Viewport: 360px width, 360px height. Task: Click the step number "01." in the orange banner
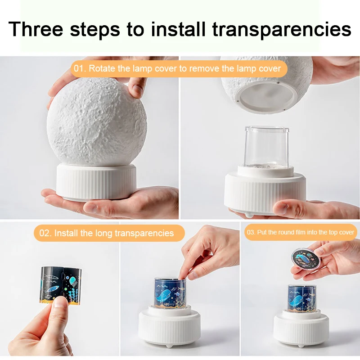tap(80, 69)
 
